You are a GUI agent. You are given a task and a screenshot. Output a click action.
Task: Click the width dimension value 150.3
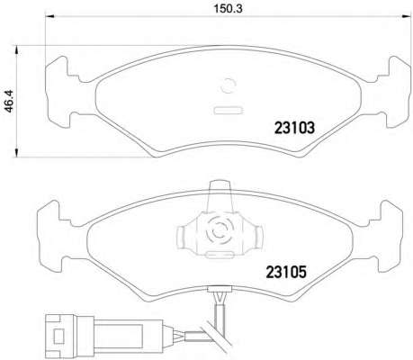[228, 9]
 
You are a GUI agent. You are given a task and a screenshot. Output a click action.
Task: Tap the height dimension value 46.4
[10, 101]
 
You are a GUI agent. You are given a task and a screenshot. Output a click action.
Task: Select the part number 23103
[294, 128]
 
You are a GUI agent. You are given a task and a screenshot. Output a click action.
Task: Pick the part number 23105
[286, 273]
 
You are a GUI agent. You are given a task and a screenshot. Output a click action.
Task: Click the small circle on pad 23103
[228, 86]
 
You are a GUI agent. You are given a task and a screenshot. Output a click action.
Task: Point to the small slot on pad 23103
[228, 111]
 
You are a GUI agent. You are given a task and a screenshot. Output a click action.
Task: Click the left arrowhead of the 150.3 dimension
[49, 16]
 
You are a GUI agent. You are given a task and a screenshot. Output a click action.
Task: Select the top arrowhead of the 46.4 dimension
[17, 50]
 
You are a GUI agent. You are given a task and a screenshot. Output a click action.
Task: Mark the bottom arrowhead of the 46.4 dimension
[17, 152]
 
